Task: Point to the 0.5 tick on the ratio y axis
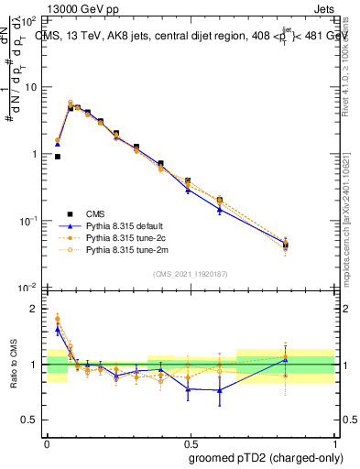(x=31, y=420)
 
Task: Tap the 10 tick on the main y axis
(x=32, y=87)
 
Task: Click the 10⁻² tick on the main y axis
(x=30, y=289)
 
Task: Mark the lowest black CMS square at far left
(x=58, y=157)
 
